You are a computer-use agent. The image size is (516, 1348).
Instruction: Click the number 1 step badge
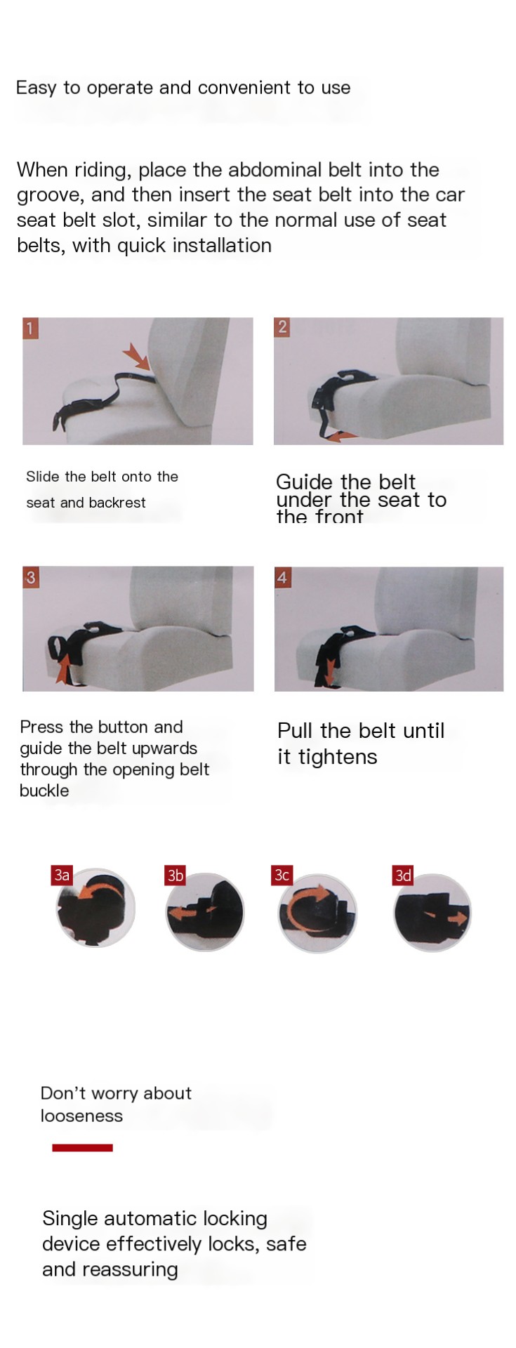30,328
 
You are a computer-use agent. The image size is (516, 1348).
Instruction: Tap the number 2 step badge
282,326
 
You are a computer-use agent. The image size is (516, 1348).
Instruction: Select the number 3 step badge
30,577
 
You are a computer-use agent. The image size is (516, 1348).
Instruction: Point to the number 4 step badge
282,577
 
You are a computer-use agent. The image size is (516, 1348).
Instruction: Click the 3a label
62,875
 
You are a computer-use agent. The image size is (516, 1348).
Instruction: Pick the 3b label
175,875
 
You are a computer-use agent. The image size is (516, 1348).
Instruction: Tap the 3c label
282,875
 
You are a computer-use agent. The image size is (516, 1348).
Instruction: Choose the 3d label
403,875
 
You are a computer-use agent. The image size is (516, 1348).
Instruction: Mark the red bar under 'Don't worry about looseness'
82,1147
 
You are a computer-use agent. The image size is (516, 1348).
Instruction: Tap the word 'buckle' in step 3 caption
44,791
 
